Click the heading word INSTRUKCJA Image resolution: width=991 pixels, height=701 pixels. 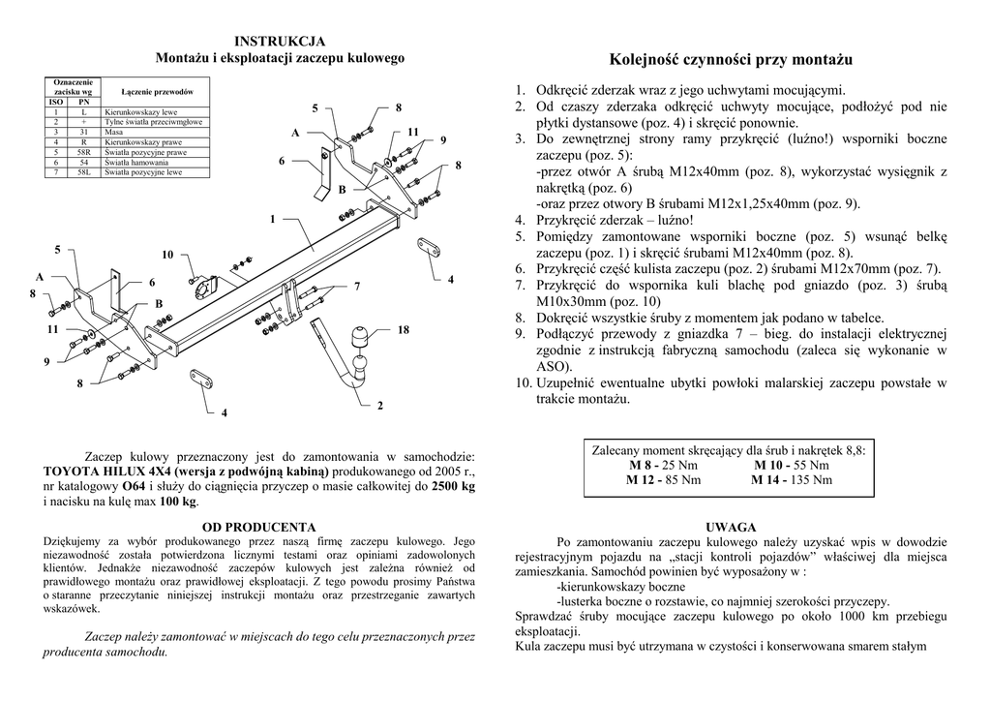coord(281,41)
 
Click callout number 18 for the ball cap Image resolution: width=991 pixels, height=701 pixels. coord(403,330)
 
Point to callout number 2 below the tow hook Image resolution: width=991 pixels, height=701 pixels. coord(379,405)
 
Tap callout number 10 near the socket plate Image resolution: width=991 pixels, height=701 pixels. coord(167,255)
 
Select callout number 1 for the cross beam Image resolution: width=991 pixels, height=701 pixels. coord(273,219)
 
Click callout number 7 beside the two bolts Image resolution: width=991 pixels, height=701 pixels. coord(357,287)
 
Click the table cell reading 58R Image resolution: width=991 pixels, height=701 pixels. coord(84,152)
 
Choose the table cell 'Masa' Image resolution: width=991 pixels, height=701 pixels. coord(113,132)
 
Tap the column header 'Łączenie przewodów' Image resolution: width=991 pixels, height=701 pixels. coord(156,89)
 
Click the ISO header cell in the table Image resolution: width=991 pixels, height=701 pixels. coord(57,102)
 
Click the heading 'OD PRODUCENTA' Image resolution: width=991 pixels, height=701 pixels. coord(259,527)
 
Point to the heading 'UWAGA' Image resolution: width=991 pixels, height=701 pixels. coord(731,527)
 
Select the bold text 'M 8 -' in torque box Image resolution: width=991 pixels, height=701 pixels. coord(646,466)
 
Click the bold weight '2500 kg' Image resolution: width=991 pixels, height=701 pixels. coord(454,487)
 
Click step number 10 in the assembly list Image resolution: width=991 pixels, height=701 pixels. coord(523,383)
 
